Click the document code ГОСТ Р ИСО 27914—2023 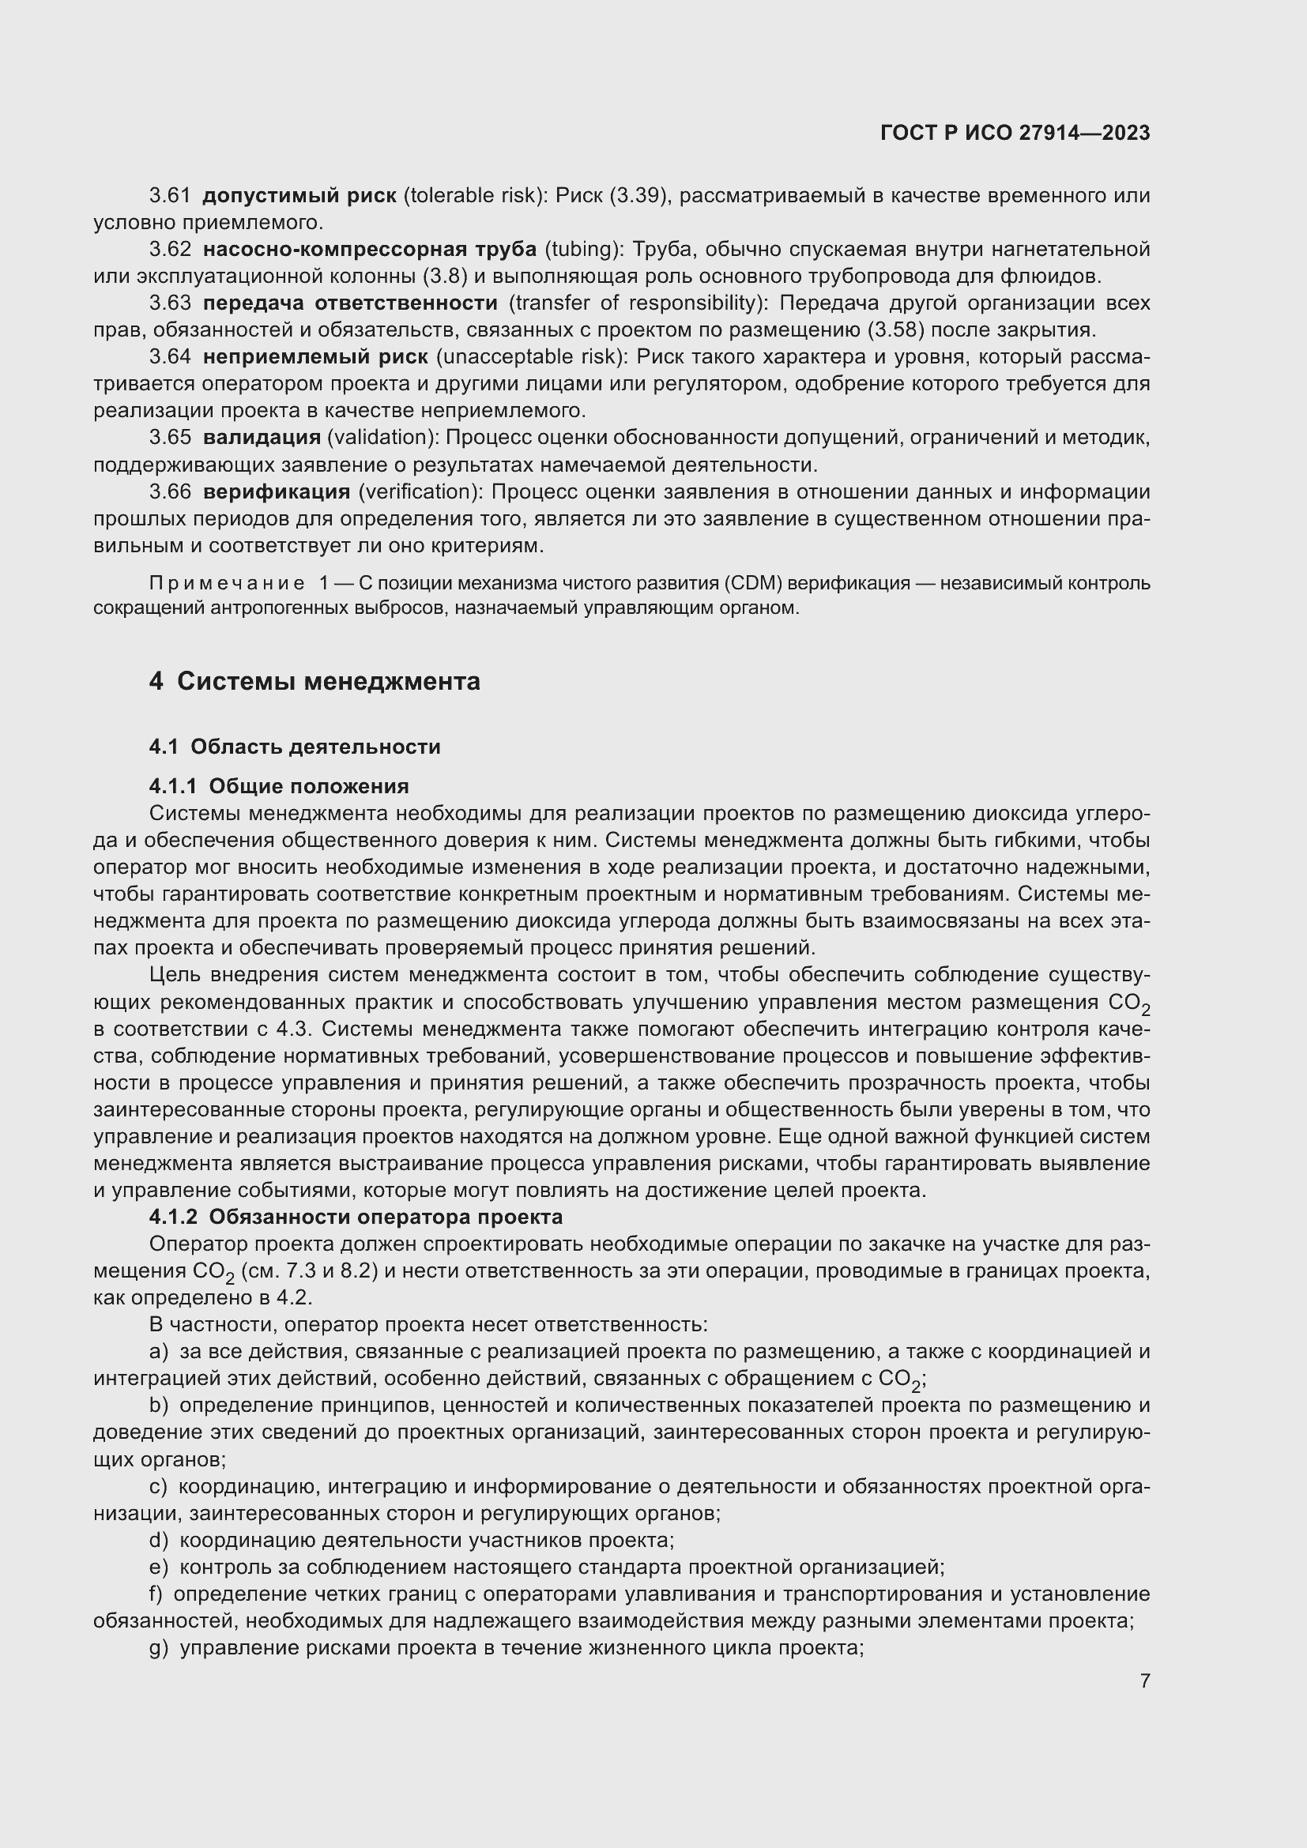coord(1015,133)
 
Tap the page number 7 coord(1144,1681)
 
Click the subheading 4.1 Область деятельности coord(295,747)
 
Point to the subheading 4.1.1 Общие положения coord(278,786)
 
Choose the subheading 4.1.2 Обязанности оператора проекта coord(356,1216)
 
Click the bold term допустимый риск coord(299,196)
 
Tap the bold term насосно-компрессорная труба coord(369,250)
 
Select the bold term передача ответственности coord(350,303)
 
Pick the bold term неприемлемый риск coord(315,357)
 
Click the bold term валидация coord(262,438)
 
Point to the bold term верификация coord(276,491)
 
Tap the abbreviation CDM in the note coord(750,583)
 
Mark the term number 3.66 coord(170,491)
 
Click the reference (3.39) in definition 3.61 coord(640,196)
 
